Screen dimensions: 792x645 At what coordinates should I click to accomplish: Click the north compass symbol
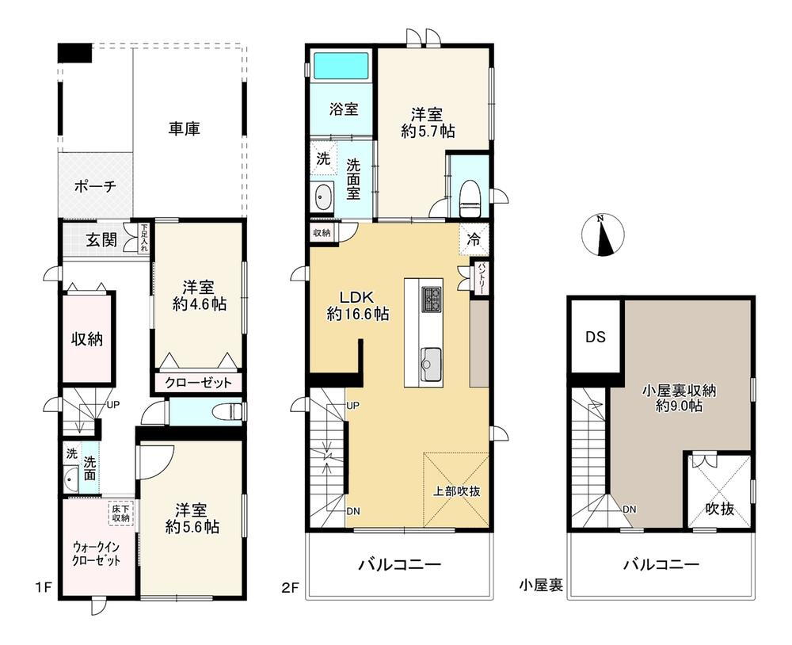pos(603,236)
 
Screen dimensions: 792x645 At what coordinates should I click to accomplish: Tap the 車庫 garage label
pos(185,128)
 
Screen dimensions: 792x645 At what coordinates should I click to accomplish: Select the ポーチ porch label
pos(96,186)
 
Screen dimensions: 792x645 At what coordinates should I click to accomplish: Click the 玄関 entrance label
pos(101,239)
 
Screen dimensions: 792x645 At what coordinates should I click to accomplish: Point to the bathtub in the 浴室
pos(341,65)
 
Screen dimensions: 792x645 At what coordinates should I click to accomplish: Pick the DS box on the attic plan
pos(596,336)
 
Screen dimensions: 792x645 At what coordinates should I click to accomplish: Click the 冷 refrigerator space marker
pos(474,239)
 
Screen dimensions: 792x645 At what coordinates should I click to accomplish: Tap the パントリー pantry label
pos(481,279)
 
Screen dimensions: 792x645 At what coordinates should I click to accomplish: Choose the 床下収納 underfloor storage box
pos(120,513)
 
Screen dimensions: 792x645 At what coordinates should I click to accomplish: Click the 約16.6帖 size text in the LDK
pos(358,314)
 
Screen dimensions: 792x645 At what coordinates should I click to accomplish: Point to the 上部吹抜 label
pos(457,490)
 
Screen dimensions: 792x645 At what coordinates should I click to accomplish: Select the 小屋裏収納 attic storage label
pos(679,390)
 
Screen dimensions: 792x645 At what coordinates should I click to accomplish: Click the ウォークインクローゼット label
pos(97,553)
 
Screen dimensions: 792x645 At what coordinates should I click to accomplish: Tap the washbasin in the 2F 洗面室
pos(323,197)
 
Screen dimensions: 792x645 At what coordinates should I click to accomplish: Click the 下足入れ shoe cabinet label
pos(145,239)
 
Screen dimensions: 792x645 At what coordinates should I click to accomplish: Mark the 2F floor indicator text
pos(291,589)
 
